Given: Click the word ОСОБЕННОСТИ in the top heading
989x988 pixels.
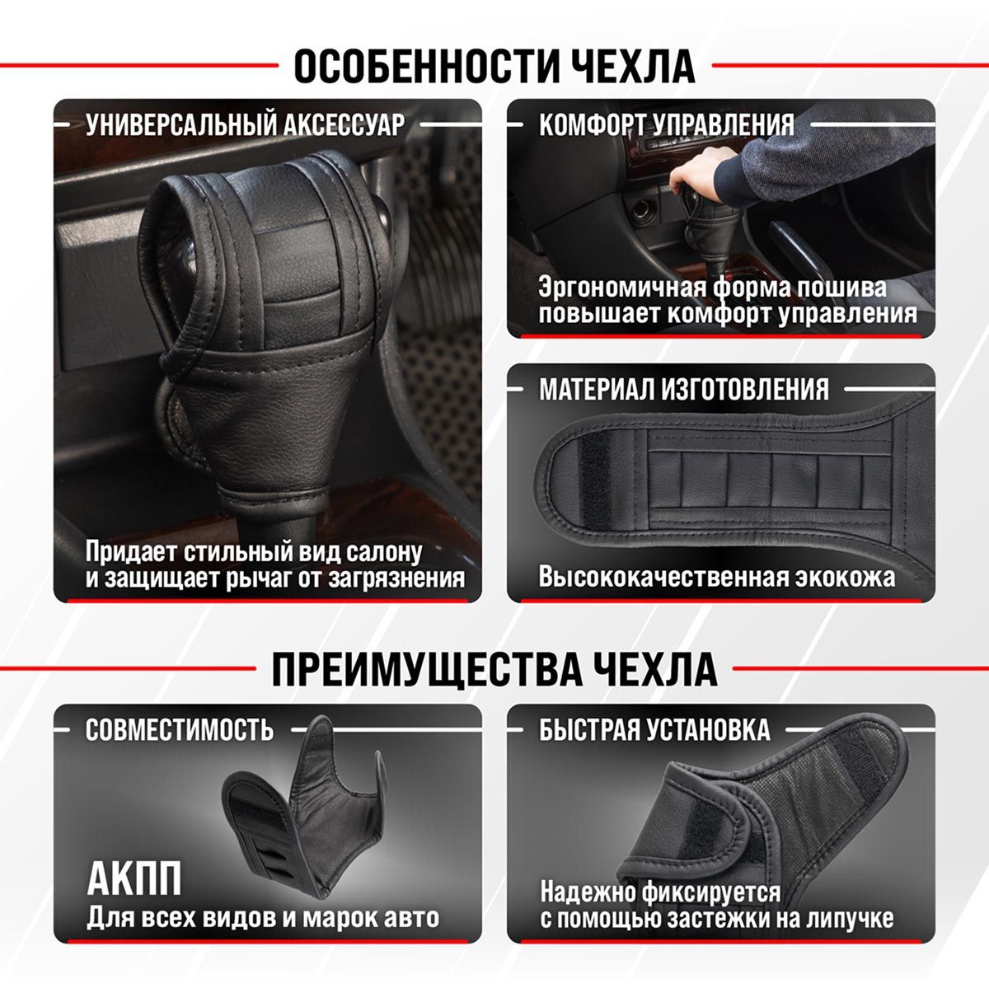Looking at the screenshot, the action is pos(426,66).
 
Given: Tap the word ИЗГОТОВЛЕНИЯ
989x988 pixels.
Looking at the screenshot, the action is pos(744,389).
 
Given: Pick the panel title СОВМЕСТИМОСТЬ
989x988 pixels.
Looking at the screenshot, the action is pos(180,729).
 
